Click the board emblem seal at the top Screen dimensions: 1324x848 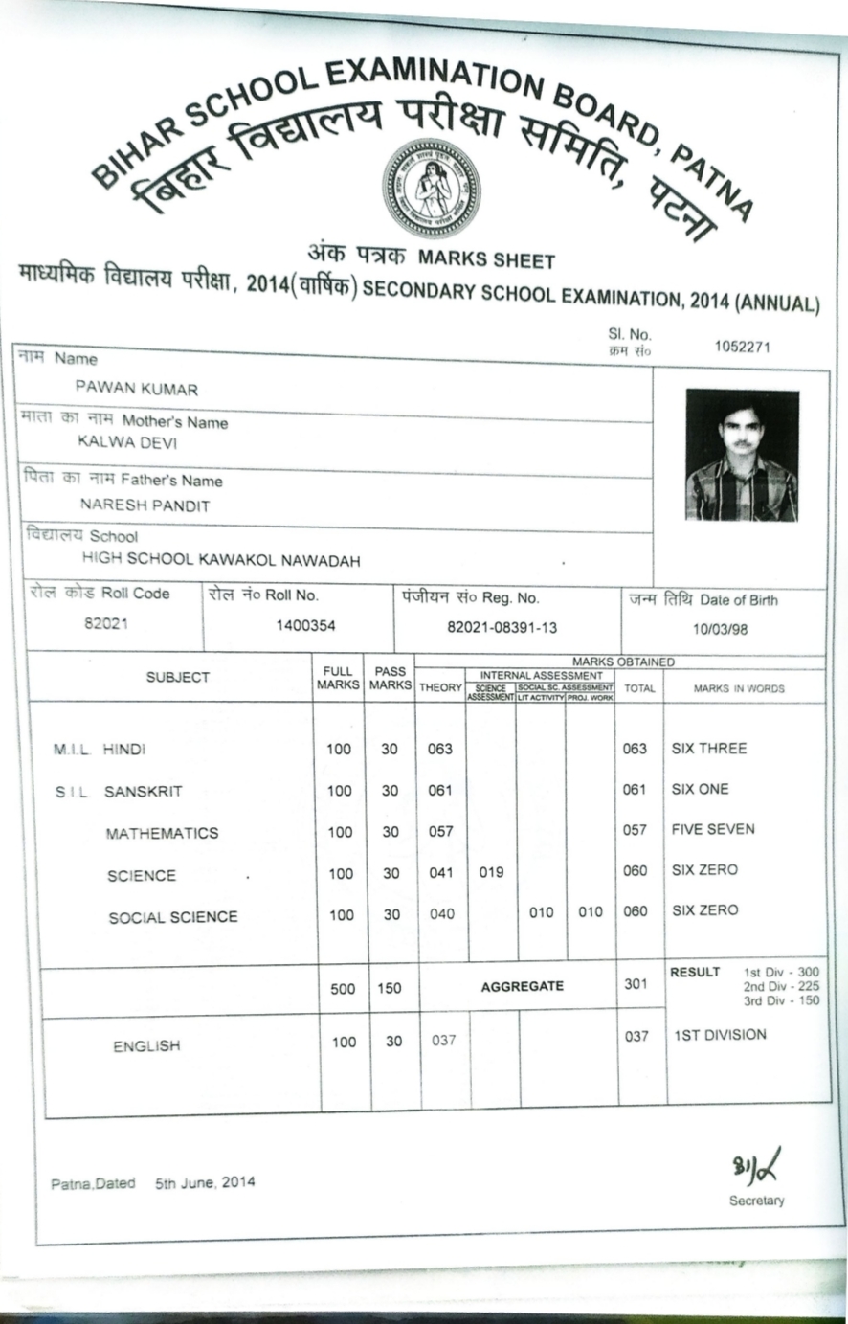(431, 188)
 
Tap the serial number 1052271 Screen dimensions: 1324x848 (743, 347)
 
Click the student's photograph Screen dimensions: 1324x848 (742, 455)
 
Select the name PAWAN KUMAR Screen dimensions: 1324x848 (136, 390)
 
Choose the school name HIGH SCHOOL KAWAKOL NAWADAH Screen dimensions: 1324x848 (221, 560)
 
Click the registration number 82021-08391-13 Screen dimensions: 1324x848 (502, 628)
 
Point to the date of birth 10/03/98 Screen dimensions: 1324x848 (721, 629)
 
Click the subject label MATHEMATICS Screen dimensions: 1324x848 (162, 833)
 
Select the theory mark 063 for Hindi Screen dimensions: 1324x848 (440, 749)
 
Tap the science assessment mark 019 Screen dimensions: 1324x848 (491, 872)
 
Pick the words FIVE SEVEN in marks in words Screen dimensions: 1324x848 (712, 829)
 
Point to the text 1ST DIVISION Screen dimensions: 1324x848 (720, 1034)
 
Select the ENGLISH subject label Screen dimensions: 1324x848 (146, 1046)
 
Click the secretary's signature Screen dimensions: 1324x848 (756, 1167)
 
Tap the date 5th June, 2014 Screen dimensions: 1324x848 (205, 1182)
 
